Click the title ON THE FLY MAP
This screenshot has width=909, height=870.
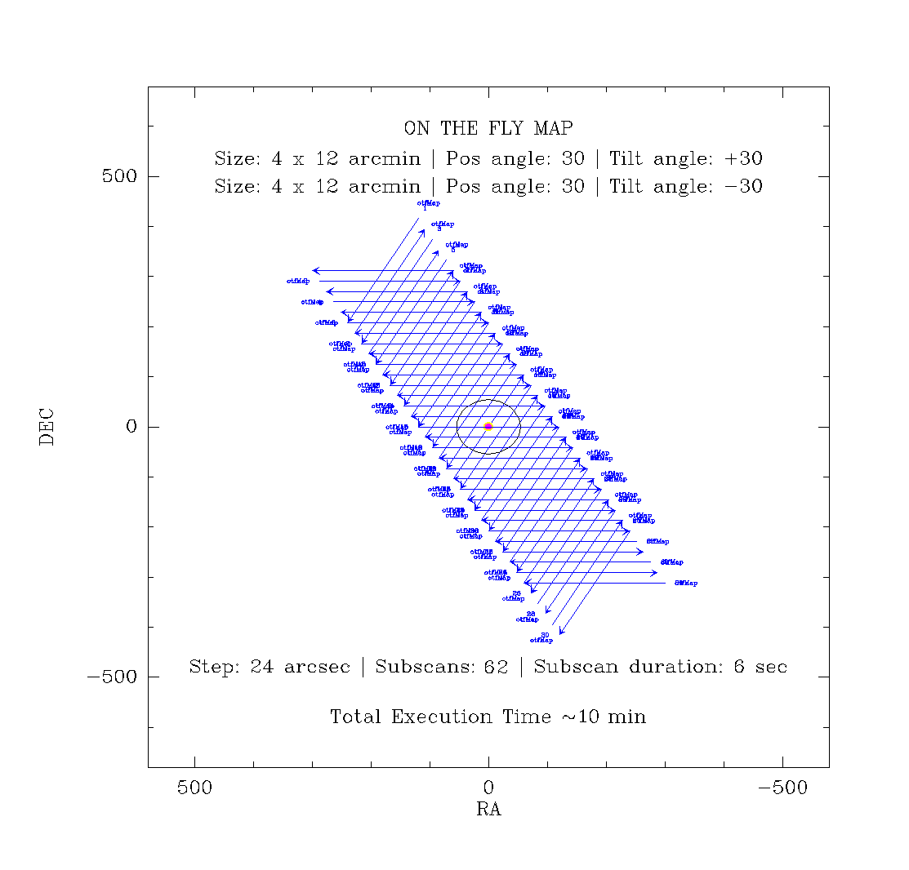[x=488, y=128]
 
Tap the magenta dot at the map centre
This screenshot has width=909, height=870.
[x=488, y=426]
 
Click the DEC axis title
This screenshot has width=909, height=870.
[x=47, y=426]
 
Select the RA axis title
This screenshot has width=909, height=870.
[x=488, y=810]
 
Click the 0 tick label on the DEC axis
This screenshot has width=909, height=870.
[x=131, y=427]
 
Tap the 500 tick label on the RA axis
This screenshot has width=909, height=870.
[x=194, y=788]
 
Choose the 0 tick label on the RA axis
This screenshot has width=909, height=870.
[x=488, y=788]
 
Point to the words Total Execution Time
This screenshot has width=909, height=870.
[x=441, y=717]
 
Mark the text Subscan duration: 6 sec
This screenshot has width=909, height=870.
[x=660, y=667]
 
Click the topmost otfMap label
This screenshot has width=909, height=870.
[x=428, y=202]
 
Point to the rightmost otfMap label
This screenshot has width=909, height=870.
[x=686, y=583]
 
